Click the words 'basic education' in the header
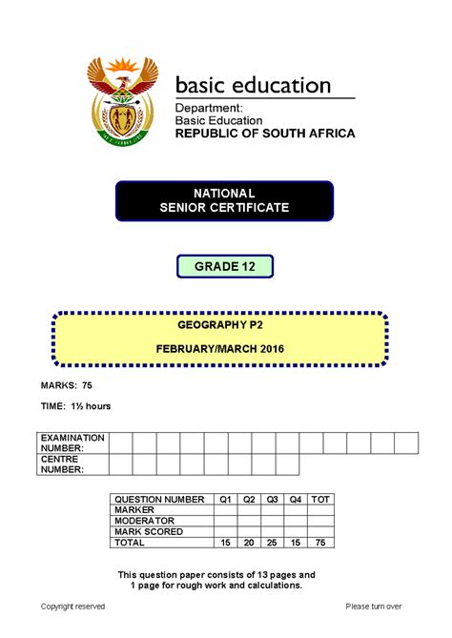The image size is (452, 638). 254,86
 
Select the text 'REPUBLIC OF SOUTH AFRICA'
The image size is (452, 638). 264,134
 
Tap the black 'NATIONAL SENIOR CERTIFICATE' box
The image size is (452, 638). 225,200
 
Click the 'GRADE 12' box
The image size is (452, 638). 225,266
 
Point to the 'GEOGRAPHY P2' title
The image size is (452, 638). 220,325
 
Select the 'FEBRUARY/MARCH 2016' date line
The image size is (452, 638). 220,348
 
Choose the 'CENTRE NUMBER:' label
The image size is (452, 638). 61,464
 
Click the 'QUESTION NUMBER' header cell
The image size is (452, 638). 159,500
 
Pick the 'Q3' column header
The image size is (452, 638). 273,500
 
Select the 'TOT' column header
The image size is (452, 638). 321,500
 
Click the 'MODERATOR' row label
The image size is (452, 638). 144,522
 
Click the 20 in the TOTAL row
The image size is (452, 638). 249,543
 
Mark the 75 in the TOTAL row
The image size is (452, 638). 321,543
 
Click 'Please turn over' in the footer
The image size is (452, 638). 374,607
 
